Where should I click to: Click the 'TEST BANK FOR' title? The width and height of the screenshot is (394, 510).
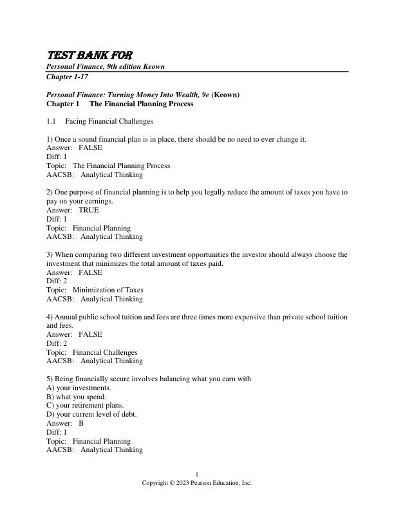point(89,55)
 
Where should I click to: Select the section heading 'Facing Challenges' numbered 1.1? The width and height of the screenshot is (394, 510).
point(109,121)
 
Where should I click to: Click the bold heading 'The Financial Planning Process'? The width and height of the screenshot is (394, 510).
point(141,104)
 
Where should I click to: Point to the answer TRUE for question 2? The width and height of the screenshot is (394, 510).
point(89,210)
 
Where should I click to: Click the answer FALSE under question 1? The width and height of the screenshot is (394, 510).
point(90,147)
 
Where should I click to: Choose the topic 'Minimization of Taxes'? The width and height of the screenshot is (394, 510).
point(108,290)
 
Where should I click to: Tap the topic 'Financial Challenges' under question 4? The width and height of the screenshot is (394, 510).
point(105,352)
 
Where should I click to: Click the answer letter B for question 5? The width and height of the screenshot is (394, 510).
point(81,424)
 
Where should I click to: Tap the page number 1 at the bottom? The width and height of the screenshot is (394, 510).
point(197,475)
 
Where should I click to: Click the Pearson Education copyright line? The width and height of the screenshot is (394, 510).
point(197,483)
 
